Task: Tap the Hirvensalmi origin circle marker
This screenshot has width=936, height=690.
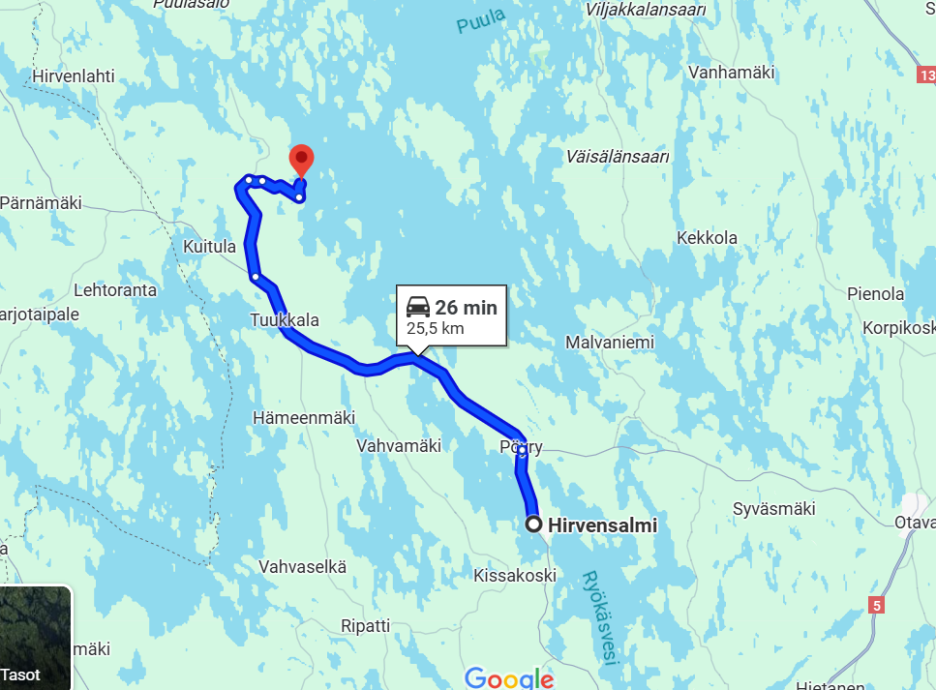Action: [533, 525]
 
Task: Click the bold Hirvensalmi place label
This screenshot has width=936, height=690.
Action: [602, 525]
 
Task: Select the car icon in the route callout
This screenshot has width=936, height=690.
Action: [418, 308]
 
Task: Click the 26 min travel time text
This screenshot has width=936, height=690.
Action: [466, 308]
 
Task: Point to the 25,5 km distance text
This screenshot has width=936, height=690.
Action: [435, 328]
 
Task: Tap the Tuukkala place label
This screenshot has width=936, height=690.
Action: [284, 320]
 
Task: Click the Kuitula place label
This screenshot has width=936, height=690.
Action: [209, 247]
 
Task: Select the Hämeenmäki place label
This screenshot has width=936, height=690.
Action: [303, 417]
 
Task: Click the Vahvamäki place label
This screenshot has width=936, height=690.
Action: [399, 446]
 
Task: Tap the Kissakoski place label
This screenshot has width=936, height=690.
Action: [515, 575]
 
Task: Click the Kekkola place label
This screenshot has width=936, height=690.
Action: [707, 238]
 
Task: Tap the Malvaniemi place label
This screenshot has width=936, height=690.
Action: [610, 343]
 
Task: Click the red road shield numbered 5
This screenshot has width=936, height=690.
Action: [876, 606]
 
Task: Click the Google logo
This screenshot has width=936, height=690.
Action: [509, 677]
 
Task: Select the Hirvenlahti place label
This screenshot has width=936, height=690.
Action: [74, 75]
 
